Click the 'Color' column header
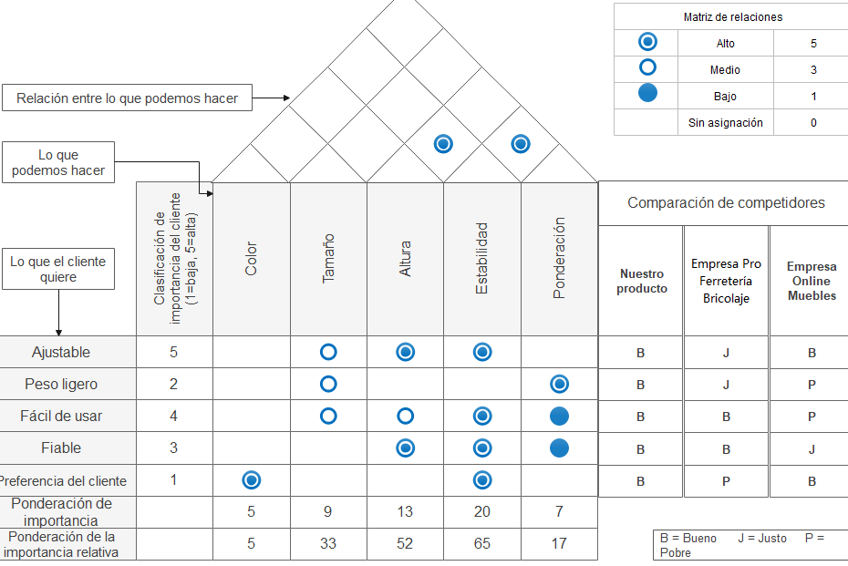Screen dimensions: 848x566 pyautogui.click(x=251, y=259)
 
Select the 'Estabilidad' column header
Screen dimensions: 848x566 pyautogui.click(x=481, y=259)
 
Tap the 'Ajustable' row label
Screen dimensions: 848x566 pyautogui.click(x=61, y=353)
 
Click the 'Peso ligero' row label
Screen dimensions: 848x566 pyautogui.click(x=61, y=385)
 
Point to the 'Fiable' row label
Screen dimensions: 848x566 pyautogui.click(x=61, y=448)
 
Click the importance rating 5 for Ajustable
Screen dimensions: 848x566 pyautogui.click(x=173, y=353)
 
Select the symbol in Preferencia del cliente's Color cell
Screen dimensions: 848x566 pyautogui.click(x=251, y=480)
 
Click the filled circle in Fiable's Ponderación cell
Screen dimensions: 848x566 pyautogui.click(x=559, y=448)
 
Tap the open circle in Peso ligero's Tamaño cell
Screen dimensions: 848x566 pyautogui.click(x=328, y=385)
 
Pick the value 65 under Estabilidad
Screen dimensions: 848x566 pyautogui.click(x=481, y=544)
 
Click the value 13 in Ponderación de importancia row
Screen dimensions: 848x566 pyautogui.click(x=405, y=512)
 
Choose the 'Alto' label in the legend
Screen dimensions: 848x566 pyautogui.click(x=725, y=44)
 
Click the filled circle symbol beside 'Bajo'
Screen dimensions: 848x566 pyautogui.click(x=647, y=93)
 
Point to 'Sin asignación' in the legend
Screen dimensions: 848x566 pyautogui.click(x=725, y=123)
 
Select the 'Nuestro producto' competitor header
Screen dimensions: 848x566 pyautogui.click(x=642, y=281)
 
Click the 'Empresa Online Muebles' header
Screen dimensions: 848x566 pyautogui.click(x=812, y=281)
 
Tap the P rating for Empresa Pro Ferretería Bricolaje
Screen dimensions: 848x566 pyautogui.click(x=726, y=481)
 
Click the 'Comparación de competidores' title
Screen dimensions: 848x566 pyautogui.click(x=726, y=202)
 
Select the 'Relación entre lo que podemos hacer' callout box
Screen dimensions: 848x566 pyautogui.click(x=127, y=98)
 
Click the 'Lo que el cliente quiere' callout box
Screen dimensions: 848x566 pyautogui.click(x=58, y=269)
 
